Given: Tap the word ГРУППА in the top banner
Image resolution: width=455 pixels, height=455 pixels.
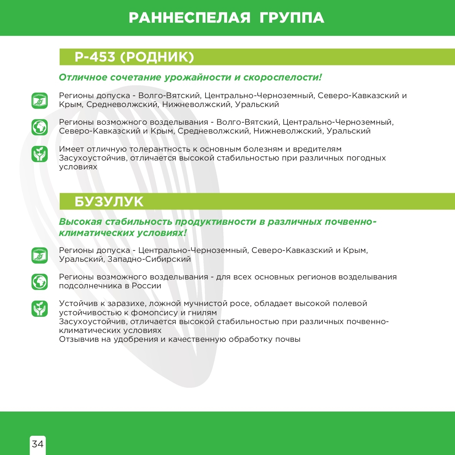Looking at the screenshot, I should pyautogui.click(x=292, y=18).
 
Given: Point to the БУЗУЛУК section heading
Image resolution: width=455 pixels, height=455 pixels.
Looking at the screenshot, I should pyautogui.click(x=109, y=202).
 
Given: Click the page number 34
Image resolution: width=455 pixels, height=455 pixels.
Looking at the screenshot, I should pyautogui.click(x=38, y=444).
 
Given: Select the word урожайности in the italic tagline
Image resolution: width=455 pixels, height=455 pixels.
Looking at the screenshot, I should pyautogui.click(x=197, y=77).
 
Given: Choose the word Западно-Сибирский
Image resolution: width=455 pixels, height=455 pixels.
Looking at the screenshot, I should pyautogui.click(x=149, y=259).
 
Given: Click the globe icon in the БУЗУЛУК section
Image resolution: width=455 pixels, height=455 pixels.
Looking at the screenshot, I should pyautogui.click(x=40, y=282).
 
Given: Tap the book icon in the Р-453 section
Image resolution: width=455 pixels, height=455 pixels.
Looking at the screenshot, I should pyautogui.click(x=40, y=100).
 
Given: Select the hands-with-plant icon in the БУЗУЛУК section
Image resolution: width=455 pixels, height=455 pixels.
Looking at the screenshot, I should pyautogui.click(x=40, y=309).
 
